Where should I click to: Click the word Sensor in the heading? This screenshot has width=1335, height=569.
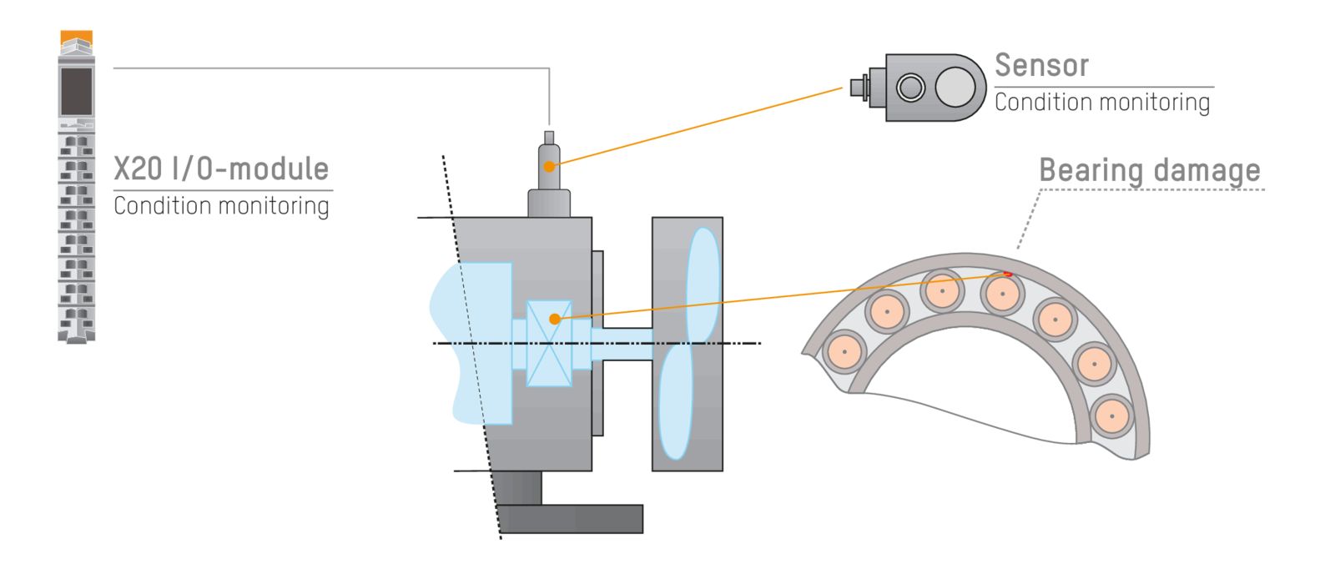pyautogui.click(x=1041, y=65)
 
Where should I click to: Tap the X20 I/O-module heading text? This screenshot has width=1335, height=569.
pyautogui.click(x=221, y=169)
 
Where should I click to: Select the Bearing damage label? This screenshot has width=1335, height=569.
pyautogui.click(x=1149, y=171)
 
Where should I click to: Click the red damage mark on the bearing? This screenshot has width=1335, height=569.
pyautogui.click(x=1008, y=274)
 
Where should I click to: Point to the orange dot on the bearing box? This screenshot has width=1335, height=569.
pyautogui.click(x=555, y=319)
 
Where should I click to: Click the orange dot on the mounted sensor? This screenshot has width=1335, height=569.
pyautogui.click(x=549, y=167)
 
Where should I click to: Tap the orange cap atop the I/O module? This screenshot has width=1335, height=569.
pyautogui.click(x=77, y=38)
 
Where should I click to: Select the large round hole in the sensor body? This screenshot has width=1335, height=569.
pyautogui.click(x=955, y=87)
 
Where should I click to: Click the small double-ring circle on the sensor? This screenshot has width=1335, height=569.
pyautogui.click(x=910, y=87)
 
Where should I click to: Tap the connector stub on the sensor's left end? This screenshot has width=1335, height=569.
pyautogui.click(x=859, y=87)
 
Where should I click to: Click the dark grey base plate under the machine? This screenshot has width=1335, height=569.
pyautogui.click(x=571, y=519)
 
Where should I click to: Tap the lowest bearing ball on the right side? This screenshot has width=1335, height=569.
pyautogui.click(x=1111, y=415)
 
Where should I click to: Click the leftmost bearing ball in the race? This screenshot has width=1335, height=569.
pyautogui.click(x=844, y=351)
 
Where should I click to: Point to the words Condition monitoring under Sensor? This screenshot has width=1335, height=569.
pyautogui.click(x=1101, y=103)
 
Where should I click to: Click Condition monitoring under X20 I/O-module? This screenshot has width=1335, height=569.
pyautogui.click(x=221, y=205)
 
